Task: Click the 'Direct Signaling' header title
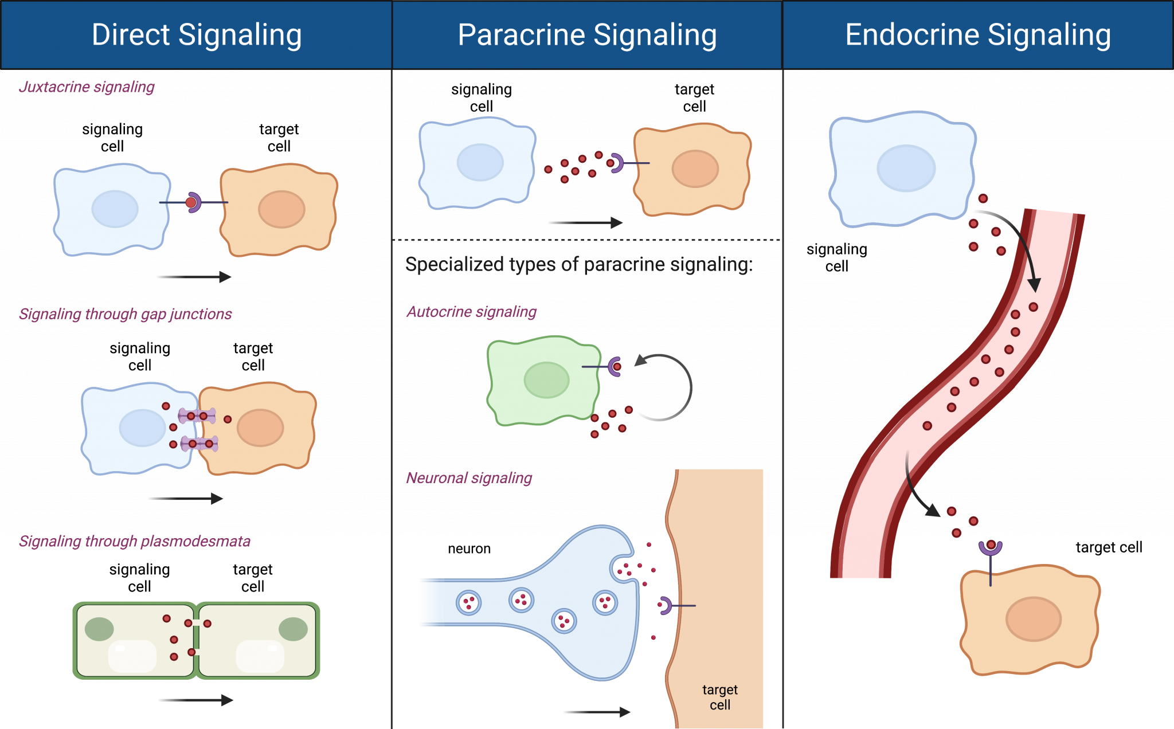[197, 35]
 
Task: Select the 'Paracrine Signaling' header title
[587, 35]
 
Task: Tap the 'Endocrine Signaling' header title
[978, 35]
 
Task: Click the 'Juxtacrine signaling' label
[87, 87]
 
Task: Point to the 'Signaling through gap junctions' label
[125, 314]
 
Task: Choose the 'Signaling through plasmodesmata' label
[135, 541]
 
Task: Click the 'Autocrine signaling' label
[471, 312]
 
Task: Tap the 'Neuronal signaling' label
[469, 478]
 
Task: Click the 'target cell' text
[720, 697]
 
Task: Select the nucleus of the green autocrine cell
[546, 380]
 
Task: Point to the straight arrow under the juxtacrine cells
[194, 277]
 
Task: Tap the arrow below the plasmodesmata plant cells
[195, 700]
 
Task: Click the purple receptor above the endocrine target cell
[990, 547]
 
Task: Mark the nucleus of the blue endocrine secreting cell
[906, 168]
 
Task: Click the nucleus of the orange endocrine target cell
[1034, 619]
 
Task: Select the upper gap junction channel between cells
[197, 416]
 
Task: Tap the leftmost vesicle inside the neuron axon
[468, 603]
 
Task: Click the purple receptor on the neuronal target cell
[666, 605]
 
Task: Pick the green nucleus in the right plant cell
[293, 629]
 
